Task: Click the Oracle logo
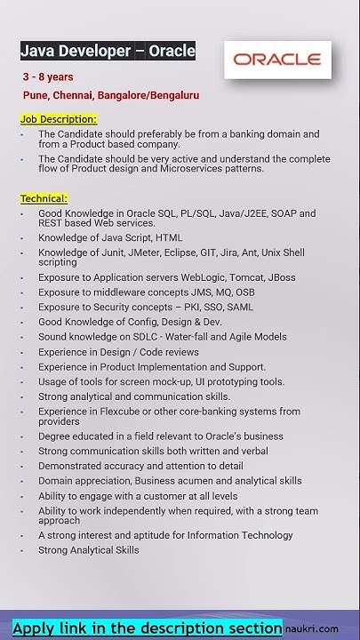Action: [276, 60]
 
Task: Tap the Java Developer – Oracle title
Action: [108, 51]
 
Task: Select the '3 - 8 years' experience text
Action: [49, 77]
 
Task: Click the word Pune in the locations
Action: [37, 95]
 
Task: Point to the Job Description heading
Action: [59, 118]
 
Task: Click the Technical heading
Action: [44, 198]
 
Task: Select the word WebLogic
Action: [205, 277]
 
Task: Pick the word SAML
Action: [239, 307]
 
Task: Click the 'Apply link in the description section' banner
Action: [148, 627]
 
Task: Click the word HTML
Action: [169, 238]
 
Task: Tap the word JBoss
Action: [281, 277]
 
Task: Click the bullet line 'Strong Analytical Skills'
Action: [89, 550]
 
